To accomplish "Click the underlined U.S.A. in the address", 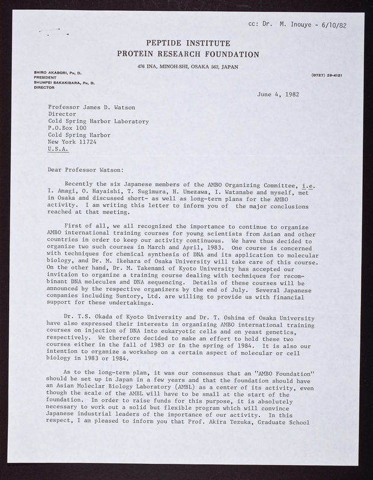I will [58, 153].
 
